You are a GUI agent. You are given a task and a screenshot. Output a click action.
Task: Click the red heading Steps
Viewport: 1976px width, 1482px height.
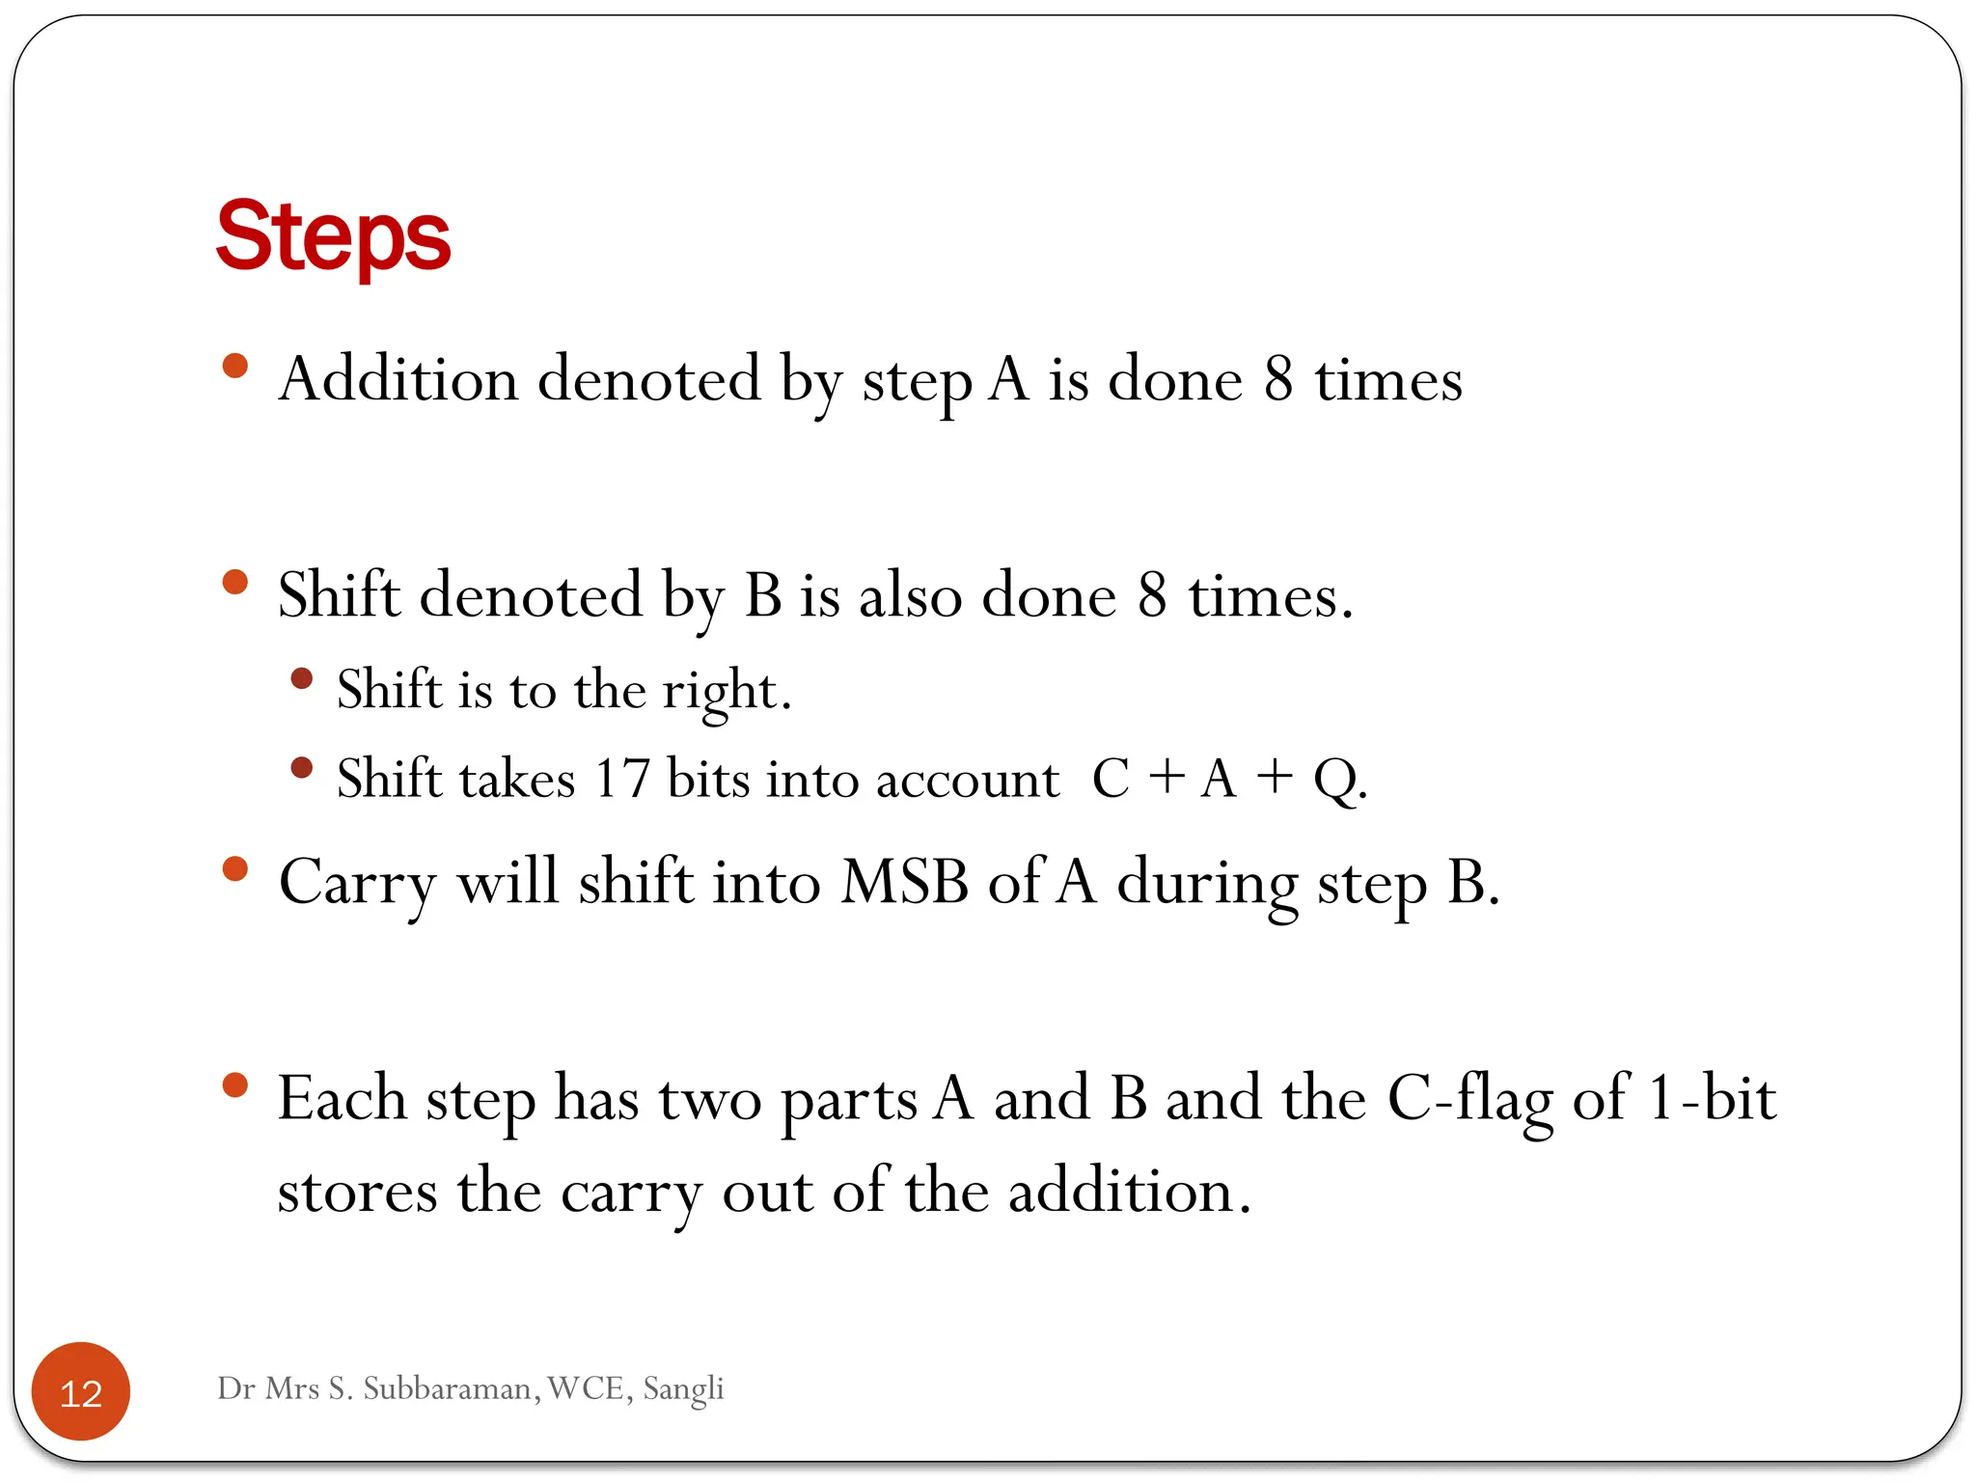333,236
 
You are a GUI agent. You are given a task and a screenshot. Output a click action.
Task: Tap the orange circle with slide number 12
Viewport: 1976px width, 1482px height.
81,1392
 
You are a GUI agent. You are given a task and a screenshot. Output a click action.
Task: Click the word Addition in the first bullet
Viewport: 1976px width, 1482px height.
398,378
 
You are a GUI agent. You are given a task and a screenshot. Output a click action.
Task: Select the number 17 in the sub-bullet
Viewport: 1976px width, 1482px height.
621,778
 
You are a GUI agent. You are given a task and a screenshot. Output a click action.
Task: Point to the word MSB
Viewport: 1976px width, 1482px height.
904,881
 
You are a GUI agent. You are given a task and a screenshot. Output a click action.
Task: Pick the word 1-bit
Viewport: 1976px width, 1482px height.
1712,1098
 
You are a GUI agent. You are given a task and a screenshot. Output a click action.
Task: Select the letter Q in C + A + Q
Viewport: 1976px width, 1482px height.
1335,778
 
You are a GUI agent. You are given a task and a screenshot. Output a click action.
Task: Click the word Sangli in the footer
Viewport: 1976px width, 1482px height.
683,1388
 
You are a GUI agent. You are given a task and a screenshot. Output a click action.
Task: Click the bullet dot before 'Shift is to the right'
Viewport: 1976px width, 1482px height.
302,678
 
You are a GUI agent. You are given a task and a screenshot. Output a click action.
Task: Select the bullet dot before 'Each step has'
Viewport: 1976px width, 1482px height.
235,1085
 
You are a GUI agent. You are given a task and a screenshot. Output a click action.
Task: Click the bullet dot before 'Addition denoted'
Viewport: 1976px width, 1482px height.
235,366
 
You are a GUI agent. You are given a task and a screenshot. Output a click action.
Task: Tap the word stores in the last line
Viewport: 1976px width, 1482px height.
357,1192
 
